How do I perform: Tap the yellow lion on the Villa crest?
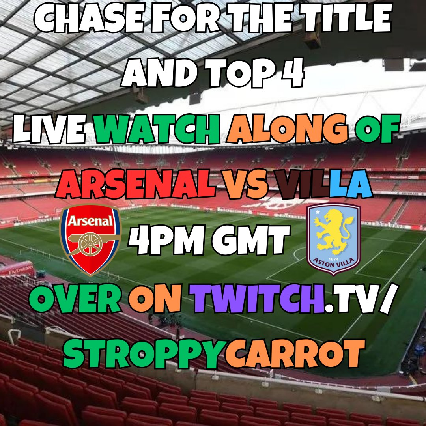[334, 233]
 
